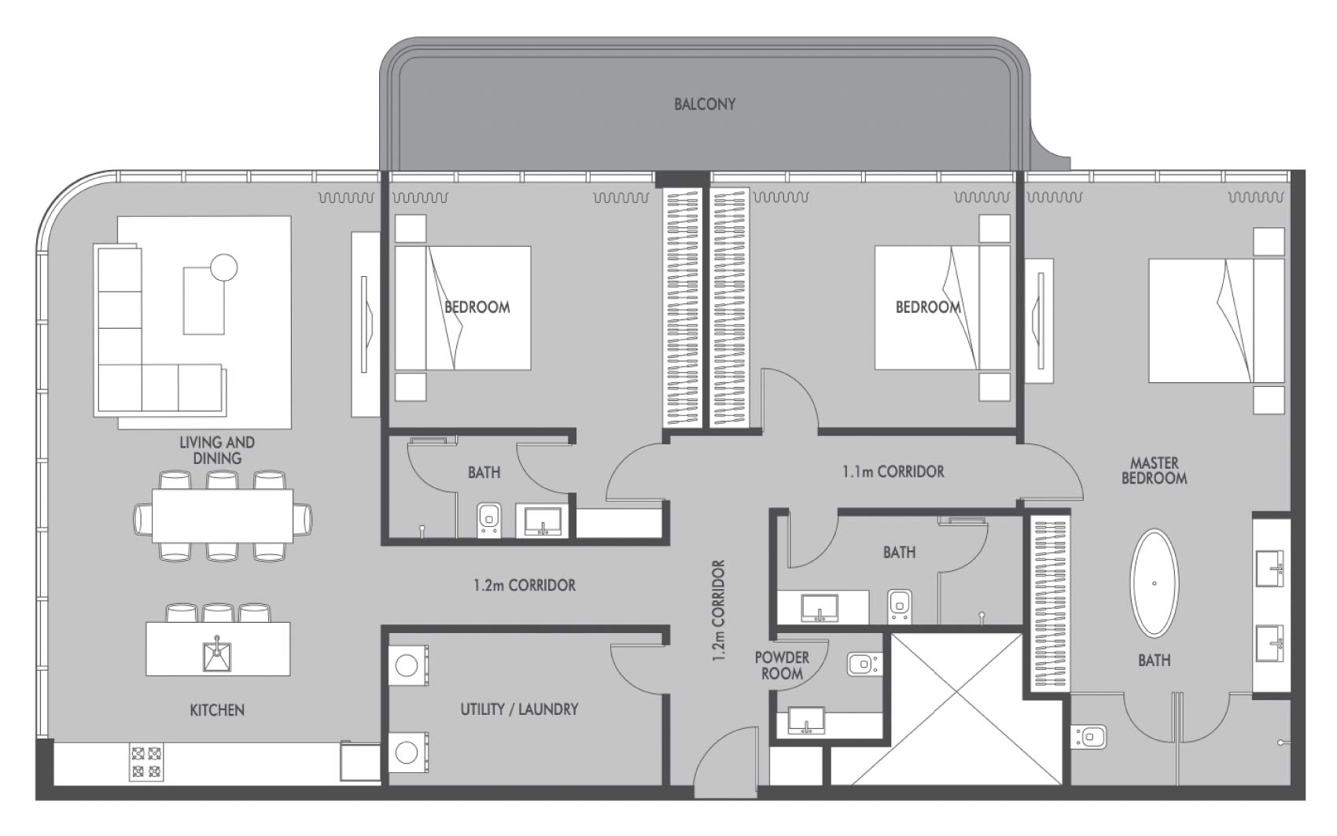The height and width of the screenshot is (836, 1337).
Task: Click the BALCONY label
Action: tap(704, 104)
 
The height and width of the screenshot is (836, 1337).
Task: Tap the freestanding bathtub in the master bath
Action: tap(1155, 583)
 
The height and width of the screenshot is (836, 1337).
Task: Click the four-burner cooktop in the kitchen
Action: tap(145, 761)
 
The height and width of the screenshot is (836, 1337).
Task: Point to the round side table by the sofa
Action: tap(223, 268)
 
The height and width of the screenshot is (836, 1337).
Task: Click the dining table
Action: tap(223, 515)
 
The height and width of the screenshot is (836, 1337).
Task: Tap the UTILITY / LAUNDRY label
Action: tap(519, 709)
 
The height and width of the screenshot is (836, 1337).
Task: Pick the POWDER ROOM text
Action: tap(782, 665)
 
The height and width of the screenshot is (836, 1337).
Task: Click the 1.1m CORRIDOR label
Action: tap(893, 472)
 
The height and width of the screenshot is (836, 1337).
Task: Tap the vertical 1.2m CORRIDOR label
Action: tap(718, 610)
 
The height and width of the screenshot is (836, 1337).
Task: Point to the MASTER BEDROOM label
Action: tap(1154, 470)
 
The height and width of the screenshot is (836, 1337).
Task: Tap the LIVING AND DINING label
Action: tap(217, 451)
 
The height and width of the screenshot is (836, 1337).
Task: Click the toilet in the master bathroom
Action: tap(1089, 737)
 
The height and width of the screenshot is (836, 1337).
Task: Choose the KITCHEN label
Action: tap(217, 710)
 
